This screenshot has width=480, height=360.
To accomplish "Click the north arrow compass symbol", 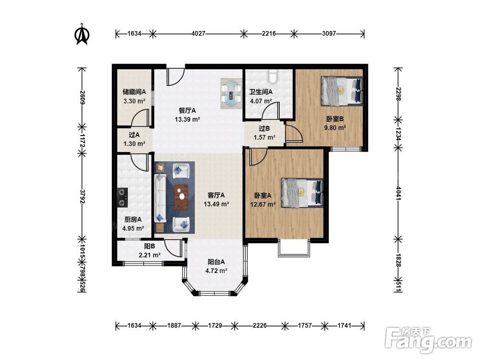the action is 82,34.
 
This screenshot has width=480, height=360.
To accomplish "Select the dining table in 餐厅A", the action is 231,93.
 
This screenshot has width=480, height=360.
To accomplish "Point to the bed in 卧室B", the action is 341,91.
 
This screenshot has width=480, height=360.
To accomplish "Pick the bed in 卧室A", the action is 302,192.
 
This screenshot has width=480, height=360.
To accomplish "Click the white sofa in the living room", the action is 160,198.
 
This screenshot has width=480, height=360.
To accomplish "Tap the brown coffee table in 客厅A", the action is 181,197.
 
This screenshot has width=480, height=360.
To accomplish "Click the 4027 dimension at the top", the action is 198,34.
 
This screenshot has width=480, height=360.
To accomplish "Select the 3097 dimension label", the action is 329,34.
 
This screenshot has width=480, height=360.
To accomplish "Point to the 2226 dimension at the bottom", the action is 260,325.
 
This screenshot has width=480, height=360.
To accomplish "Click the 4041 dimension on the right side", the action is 398,193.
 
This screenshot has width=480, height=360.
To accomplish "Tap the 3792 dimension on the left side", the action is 82,196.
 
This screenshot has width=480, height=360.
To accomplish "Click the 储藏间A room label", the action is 134,91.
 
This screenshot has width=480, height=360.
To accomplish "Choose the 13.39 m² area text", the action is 187,119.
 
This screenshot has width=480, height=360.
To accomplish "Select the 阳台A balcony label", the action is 216,262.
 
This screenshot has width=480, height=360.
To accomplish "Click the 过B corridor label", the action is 264,129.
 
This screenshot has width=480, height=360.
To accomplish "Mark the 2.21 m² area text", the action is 149,255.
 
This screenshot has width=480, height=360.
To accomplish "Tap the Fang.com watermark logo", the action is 428,340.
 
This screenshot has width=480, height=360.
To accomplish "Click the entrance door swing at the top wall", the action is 176,77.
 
